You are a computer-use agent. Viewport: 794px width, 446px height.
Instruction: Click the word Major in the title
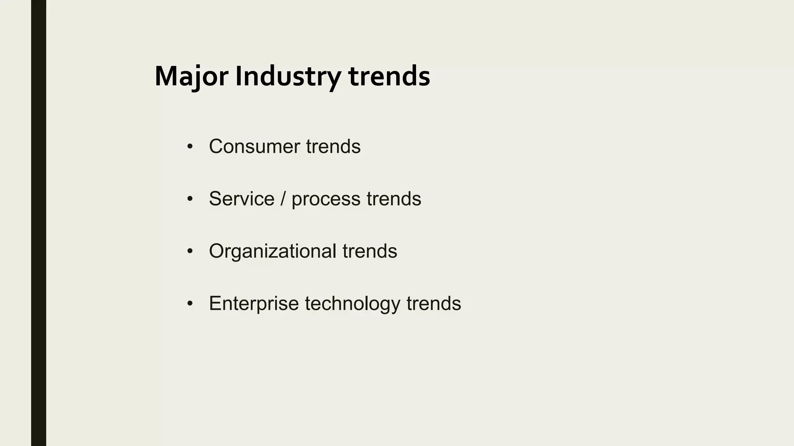point(191,77)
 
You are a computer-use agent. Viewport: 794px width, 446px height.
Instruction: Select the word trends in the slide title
point(389,77)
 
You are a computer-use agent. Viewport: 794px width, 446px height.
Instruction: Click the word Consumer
point(254,147)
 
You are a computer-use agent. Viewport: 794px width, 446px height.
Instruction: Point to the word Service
point(242,199)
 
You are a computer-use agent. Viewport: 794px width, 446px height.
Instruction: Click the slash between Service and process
point(283,199)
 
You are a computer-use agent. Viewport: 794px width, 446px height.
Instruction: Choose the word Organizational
point(273,251)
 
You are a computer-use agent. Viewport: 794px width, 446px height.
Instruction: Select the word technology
point(352,304)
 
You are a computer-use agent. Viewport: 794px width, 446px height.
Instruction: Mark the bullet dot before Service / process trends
point(190,199)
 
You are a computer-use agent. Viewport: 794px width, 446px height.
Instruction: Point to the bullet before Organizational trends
point(190,252)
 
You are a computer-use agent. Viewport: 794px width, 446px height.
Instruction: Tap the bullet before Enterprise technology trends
point(190,304)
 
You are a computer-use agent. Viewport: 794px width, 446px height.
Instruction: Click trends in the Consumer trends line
point(333,147)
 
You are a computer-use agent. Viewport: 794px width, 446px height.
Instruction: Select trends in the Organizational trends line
point(369,251)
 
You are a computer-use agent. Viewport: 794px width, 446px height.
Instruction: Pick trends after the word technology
point(433,304)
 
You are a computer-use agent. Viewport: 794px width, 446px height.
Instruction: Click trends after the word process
point(394,199)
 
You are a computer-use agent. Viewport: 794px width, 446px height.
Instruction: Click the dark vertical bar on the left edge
point(38,223)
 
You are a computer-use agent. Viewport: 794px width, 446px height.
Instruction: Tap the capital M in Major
point(166,77)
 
